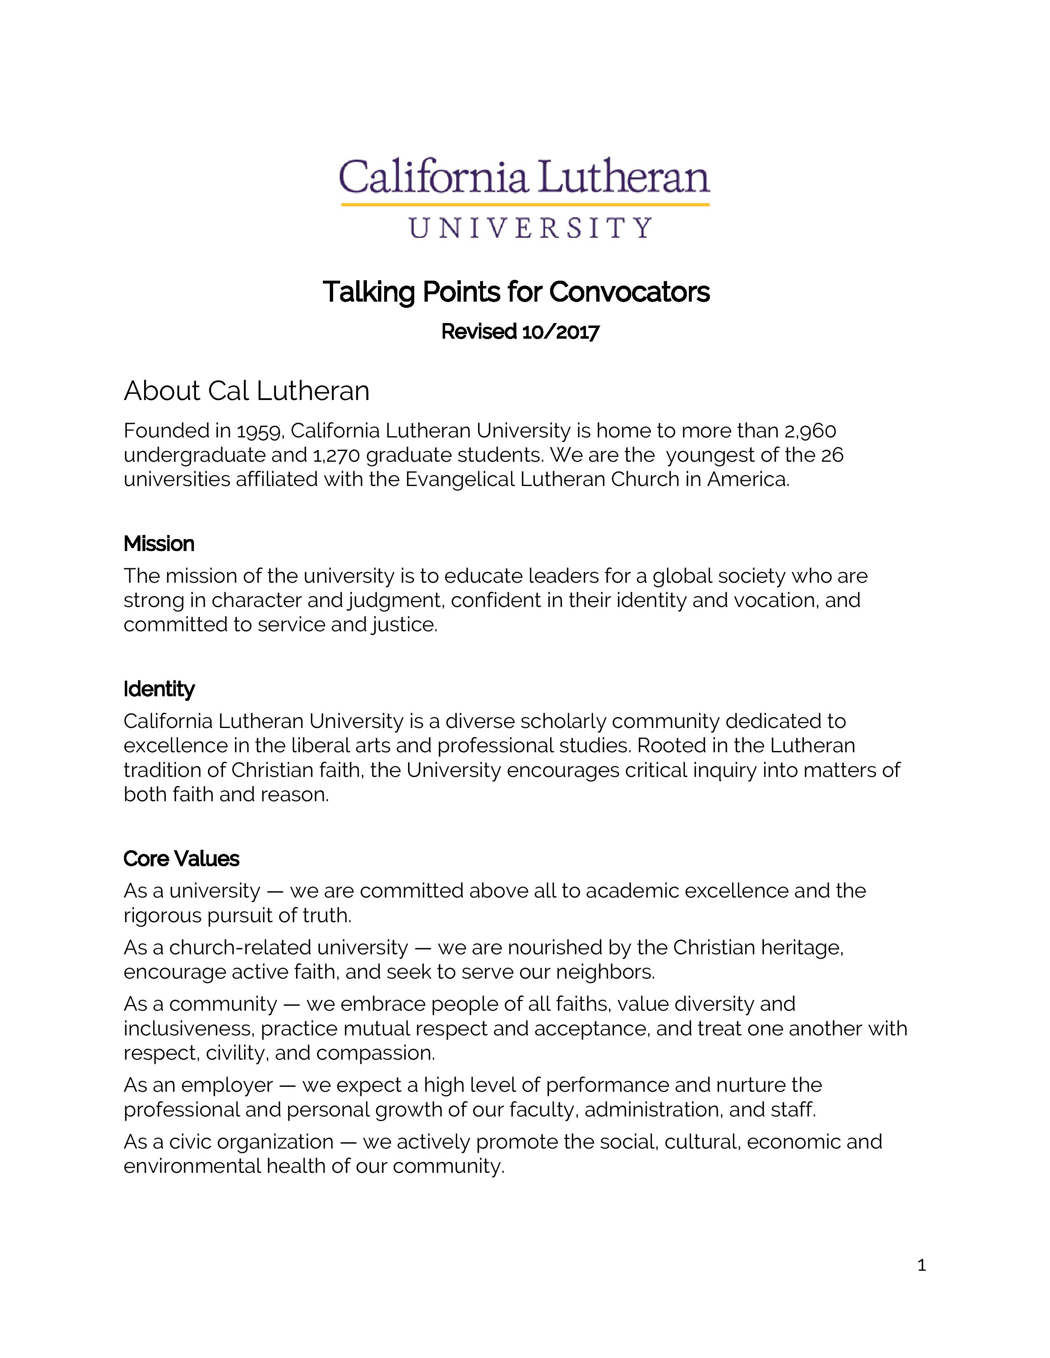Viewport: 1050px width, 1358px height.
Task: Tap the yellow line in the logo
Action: pyautogui.click(x=525, y=204)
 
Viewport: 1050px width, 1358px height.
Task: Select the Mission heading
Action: pyautogui.click(x=159, y=544)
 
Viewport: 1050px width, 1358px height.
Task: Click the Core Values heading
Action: pyautogui.click(x=181, y=859)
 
